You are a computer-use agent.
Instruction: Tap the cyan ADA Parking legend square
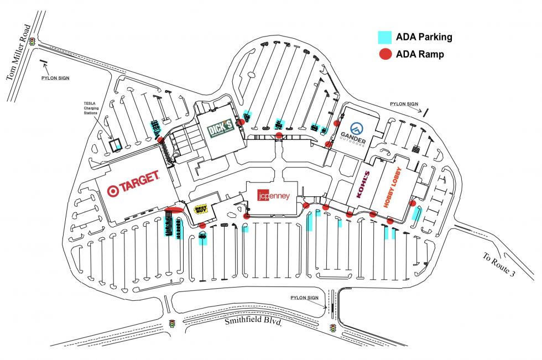click(385, 37)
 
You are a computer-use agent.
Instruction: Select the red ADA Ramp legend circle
click(385, 54)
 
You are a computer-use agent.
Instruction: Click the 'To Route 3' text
click(499, 266)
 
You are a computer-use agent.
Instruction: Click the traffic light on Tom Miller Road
click(33, 41)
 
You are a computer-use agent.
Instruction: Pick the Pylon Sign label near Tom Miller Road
click(55, 78)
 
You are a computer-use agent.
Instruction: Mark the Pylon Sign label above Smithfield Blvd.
click(305, 298)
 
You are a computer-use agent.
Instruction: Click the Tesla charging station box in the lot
click(114, 145)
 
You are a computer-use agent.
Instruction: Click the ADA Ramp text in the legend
click(420, 54)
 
